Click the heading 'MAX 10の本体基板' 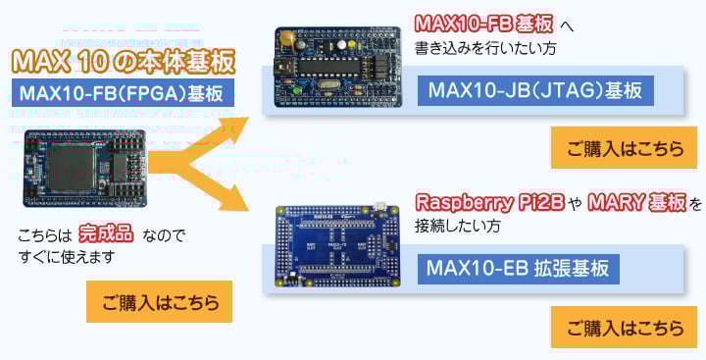tap(124, 63)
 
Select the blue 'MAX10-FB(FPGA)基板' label tap(123, 95)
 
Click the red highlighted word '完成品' tap(107, 235)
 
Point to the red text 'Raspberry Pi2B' tap(488, 204)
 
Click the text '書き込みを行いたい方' tap(487, 46)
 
